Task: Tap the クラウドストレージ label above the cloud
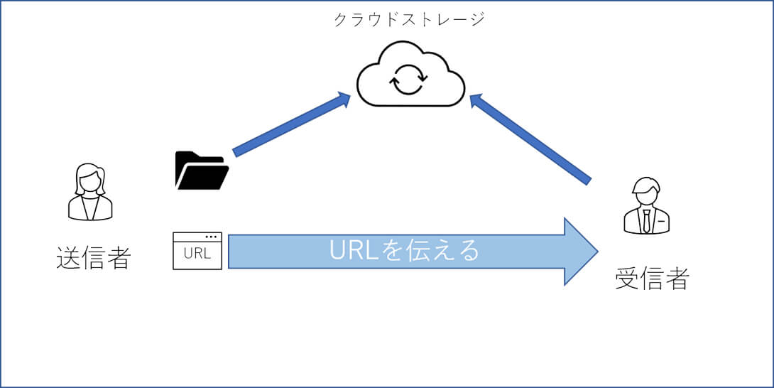tap(409, 19)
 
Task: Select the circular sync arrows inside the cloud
tap(408, 80)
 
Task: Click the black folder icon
tap(201, 171)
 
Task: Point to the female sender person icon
tap(90, 192)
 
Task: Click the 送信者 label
tap(93, 258)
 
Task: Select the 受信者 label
tap(651, 279)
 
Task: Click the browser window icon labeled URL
tap(197, 251)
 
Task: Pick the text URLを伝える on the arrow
tap(405, 251)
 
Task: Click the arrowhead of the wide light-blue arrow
tap(581, 252)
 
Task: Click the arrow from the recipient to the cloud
tap(530, 138)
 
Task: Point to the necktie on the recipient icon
tap(647, 220)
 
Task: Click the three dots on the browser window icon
tap(211, 237)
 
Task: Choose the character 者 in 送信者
tap(118, 258)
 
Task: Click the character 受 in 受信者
tap(627, 279)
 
